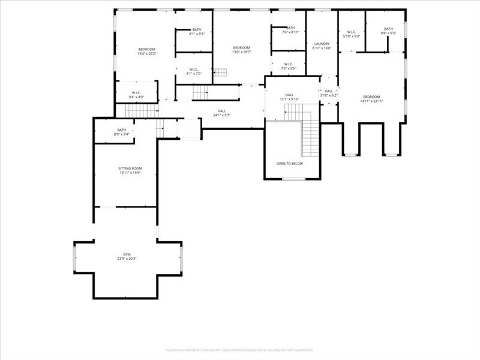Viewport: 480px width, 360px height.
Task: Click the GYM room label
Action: pyautogui.click(x=127, y=254)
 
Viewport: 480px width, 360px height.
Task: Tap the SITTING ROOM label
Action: pyautogui.click(x=130, y=168)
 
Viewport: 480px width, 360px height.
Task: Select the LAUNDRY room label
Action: pyautogui.click(x=322, y=44)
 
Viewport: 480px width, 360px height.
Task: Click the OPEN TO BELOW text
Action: pyautogui.click(x=289, y=163)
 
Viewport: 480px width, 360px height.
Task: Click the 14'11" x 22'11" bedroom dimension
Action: pyautogui.click(x=371, y=101)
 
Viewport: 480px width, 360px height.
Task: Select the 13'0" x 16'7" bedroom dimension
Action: pyautogui.click(x=241, y=52)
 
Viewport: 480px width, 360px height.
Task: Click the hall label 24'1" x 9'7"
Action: pyautogui.click(x=221, y=115)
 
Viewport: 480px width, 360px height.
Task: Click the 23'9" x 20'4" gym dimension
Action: pyautogui.click(x=127, y=259)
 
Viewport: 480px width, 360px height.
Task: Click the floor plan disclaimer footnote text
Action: pyautogui.click(x=239, y=350)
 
